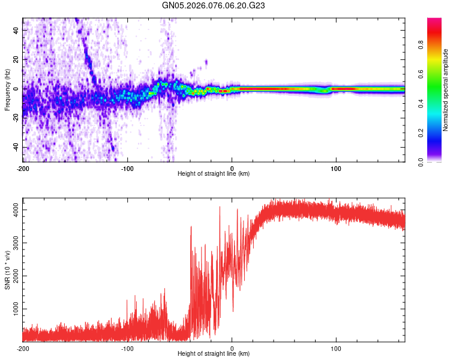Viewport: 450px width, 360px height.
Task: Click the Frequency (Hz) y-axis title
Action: click(7, 90)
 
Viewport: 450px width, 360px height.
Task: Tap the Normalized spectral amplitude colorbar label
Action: click(446, 90)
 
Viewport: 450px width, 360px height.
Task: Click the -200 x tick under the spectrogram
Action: click(23, 168)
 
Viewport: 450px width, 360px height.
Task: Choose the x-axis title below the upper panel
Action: click(214, 174)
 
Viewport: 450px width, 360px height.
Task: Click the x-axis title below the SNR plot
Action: click(214, 354)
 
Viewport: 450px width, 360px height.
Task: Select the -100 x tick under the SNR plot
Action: click(127, 348)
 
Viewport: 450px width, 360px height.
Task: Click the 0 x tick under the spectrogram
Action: click(232, 168)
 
